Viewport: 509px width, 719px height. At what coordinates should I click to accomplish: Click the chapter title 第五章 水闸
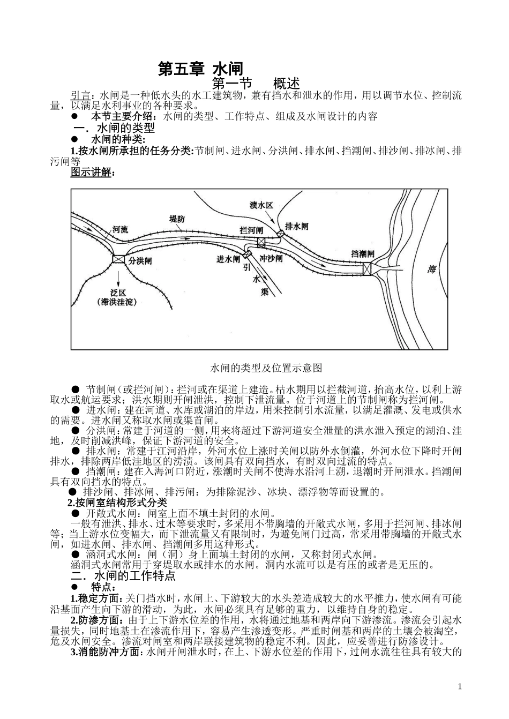tap(200, 69)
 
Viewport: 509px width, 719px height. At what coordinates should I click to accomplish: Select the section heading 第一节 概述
tap(256, 84)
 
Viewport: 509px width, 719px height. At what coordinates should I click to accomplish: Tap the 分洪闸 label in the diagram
tap(140, 261)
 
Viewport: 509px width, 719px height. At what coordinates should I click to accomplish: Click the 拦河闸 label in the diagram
tap(252, 230)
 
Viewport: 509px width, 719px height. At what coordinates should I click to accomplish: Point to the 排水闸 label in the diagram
tap(297, 226)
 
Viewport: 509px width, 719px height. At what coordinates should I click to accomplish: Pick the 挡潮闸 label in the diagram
tap(363, 253)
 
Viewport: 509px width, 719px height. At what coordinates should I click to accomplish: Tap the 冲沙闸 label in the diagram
tap(271, 258)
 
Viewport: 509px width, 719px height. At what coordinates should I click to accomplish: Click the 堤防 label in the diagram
tap(177, 219)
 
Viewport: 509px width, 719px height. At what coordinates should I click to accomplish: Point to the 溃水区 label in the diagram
tap(261, 205)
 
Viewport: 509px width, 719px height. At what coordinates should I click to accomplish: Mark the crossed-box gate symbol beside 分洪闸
tap(118, 259)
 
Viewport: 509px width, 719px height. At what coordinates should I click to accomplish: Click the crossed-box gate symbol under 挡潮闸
tap(368, 268)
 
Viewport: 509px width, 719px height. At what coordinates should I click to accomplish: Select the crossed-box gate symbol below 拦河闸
tap(261, 242)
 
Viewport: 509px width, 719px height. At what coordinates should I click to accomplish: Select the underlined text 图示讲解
tap(92, 172)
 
